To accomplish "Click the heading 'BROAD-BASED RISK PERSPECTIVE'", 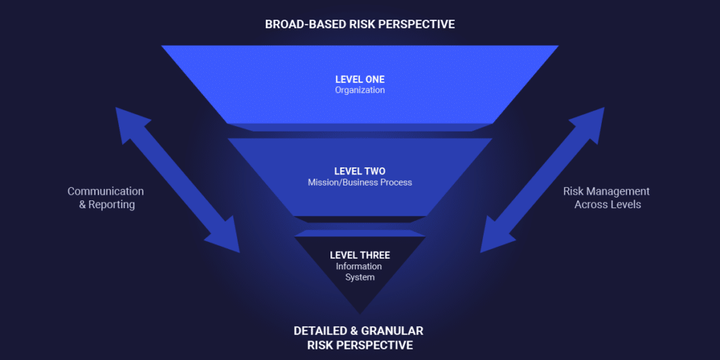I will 359,24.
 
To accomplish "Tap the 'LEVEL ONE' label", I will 359,79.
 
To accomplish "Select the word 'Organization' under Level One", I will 359,90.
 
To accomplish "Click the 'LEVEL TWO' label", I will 359,171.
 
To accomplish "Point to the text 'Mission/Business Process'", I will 359,182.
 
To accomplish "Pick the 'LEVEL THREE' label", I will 359,255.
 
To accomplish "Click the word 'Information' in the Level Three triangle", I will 359,266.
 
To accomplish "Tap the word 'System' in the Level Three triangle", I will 359,277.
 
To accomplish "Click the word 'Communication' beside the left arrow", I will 105,191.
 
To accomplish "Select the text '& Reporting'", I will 107,205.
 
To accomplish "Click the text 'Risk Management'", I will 606,191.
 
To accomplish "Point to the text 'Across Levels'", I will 607,205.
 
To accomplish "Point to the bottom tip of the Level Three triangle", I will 360,311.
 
